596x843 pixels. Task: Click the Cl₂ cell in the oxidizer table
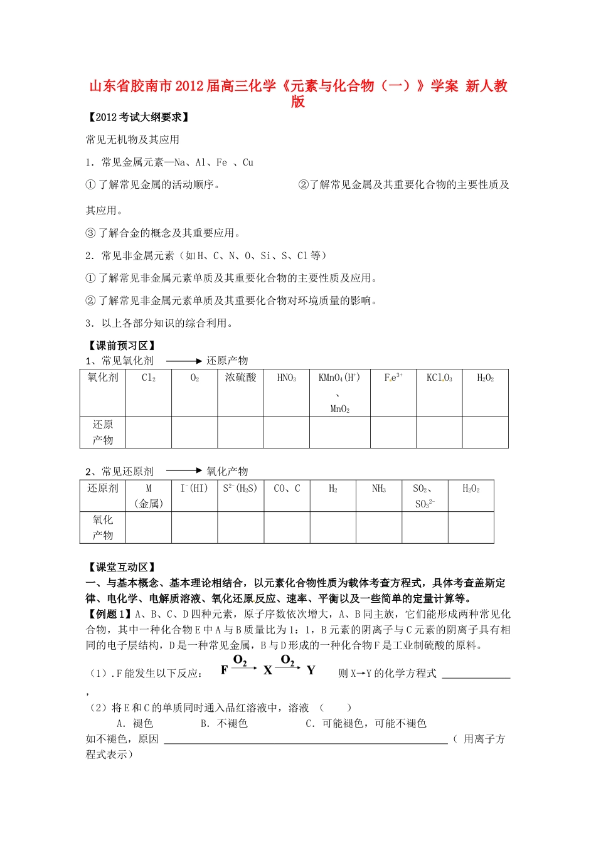[x=149, y=378]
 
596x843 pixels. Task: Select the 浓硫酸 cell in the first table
[x=240, y=378]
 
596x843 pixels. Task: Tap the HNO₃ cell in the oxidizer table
[x=286, y=378]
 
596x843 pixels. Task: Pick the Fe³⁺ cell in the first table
[x=393, y=378]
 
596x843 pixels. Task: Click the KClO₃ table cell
[x=439, y=378]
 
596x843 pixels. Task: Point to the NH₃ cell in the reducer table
[x=379, y=489]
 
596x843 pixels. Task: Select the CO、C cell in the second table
[x=287, y=489]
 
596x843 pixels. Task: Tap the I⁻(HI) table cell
[x=194, y=489]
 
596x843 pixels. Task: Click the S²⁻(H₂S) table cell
[x=240, y=489]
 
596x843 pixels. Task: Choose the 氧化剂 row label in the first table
[x=103, y=378]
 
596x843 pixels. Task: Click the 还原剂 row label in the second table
[x=103, y=489]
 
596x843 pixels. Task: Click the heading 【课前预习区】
[x=121, y=346]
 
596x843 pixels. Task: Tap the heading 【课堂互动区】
[x=121, y=567]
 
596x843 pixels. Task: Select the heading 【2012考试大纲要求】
[x=137, y=117]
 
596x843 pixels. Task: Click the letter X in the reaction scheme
[x=268, y=671]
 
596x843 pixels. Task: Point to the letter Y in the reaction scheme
[x=311, y=671]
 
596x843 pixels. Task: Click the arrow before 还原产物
[x=184, y=361]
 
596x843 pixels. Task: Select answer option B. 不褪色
[x=224, y=723]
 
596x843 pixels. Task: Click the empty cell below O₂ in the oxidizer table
[x=194, y=432]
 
